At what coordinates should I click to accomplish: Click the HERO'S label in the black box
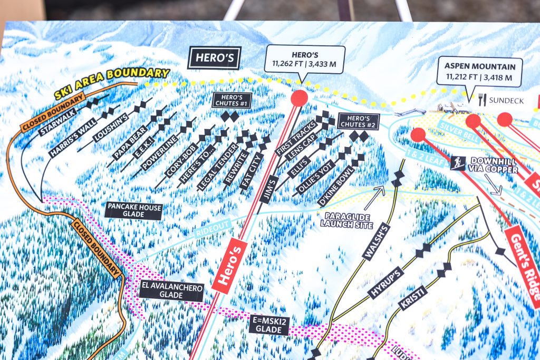pyautogui.click(x=214, y=58)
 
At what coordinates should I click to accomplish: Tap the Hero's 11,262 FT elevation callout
pyautogui.click(x=305, y=60)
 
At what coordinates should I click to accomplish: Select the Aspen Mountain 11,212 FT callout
pyautogui.click(x=479, y=72)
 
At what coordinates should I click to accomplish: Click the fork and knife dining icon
pyautogui.click(x=481, y=100)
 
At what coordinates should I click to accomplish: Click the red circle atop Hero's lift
pyautogui.click(x=299, y=98)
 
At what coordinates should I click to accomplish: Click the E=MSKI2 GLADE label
pyautogui.click(x=269, y=325)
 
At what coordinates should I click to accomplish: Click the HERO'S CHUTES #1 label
pyautogui.click(x=232, y=101)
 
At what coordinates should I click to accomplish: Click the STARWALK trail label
pyautogui.click(x=58, y=123)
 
